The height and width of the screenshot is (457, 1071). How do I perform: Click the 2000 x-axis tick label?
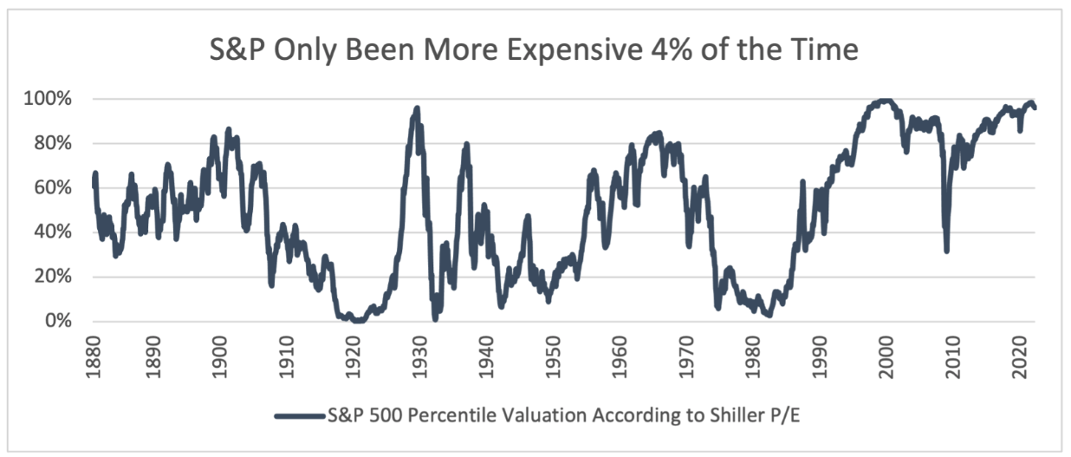pyautogui.click(x=887, y=352)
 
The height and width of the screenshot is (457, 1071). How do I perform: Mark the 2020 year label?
pyautogui.click(x=1021, y=352)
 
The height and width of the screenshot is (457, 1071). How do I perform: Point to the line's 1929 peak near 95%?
pyautogui.click(x=417, y=109)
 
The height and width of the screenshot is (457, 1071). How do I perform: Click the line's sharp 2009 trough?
pyautogui.click(x=947, y=250)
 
